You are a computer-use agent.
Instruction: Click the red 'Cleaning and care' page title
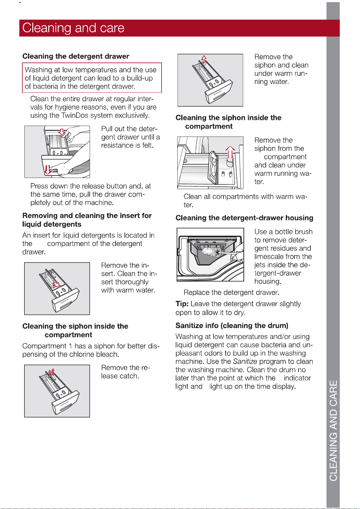73,28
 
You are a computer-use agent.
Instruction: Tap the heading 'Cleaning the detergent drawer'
76,56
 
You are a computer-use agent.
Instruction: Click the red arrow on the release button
62,132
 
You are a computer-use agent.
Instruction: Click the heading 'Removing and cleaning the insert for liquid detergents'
87,220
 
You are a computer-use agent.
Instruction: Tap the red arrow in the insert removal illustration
56,285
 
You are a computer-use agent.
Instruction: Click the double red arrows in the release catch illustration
52,372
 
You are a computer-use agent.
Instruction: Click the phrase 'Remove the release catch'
126,372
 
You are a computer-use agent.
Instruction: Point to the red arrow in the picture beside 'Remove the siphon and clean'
204,59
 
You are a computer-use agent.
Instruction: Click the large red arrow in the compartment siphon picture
230,152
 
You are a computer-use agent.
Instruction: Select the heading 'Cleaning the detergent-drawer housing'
244,218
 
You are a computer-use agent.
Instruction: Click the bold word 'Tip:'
182,304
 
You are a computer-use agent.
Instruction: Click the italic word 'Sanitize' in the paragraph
245,361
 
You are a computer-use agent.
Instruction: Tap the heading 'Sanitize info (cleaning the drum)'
232,325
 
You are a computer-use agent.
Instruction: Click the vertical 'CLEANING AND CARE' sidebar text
333,430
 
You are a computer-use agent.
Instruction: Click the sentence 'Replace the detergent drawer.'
231,292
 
